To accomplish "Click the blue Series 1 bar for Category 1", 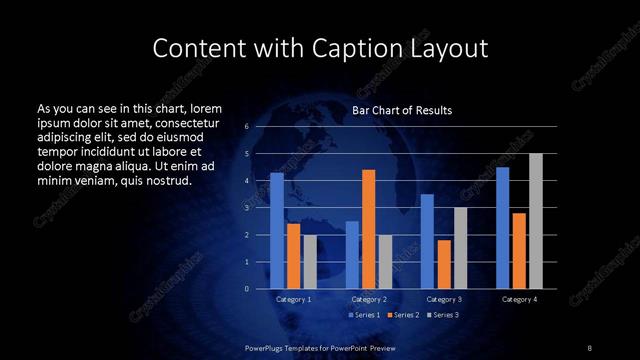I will tap(277, 231).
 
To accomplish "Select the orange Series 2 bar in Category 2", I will tap(369, 229).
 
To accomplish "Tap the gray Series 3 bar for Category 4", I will tap(536, 221).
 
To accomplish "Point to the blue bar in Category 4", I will tap(502, 228).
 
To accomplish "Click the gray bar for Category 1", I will tap(310, 262).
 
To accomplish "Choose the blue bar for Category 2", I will tap(352, 255).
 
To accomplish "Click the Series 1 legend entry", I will tap(364, 316).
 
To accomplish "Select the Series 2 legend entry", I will tap(403, 316).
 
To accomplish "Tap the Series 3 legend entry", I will tap(442, 316).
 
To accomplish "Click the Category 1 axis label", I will tap(293, 299).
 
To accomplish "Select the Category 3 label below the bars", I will tap(444, 299).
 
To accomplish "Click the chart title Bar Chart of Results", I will tap(402, 110).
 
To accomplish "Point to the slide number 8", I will tap(589, 347).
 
